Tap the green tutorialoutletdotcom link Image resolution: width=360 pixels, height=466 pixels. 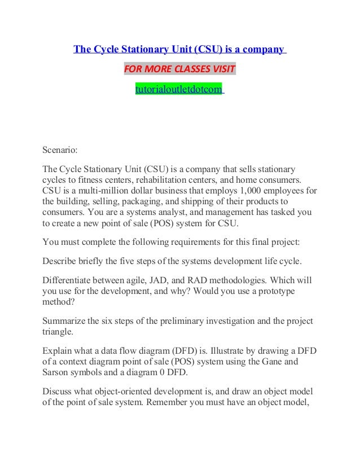point(179,89)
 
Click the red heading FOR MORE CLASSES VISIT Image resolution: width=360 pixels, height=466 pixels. point(179,70)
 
